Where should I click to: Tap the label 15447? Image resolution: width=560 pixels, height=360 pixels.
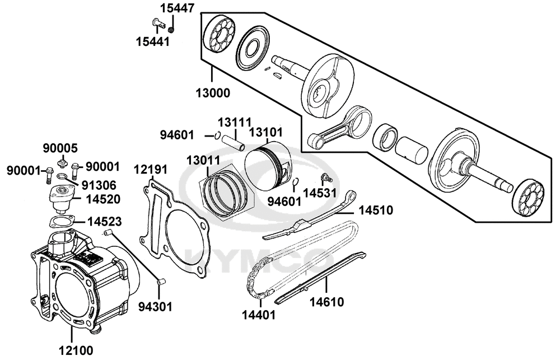click(x=177, y=8)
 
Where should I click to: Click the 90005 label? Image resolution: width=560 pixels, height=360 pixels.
click(x=61, y=148)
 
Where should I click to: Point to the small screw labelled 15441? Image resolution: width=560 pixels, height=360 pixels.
click(x=158, y=23)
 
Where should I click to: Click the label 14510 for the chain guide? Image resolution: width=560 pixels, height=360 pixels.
click(x=376, y=211)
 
